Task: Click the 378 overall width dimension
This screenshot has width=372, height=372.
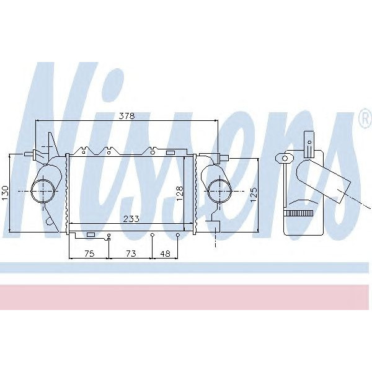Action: pyautogui.click(x=126, y=115)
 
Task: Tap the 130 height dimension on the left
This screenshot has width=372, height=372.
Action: pyautogui.click(x=6, y=193)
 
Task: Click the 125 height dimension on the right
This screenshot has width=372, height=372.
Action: pyautogui.click(x=253, y=195)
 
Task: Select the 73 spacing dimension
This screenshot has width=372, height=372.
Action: pyautogui.click(x=130, y=253)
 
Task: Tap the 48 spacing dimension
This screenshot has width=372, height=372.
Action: pyautogui.click(x=165, y=253)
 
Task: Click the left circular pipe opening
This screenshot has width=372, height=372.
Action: pyautogui.click(x=44, y=190)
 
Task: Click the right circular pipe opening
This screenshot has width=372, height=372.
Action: pyautogui.click(x=218, y=190)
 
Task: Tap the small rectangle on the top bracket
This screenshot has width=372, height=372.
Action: pyautogui.click(x=170, y=152)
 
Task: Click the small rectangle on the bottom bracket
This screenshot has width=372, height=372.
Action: pyautogui.click(x=91, y=234)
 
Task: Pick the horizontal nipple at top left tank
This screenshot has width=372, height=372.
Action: pyautogui.click(x=29, y=154)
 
